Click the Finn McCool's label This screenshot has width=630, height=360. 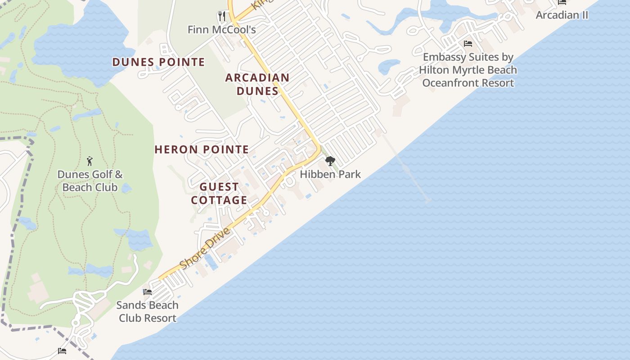coord(221,30)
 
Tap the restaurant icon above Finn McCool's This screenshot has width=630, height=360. coord(221,16)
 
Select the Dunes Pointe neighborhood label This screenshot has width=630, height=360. coord(158,62)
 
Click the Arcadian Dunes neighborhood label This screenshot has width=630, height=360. coord(257,84)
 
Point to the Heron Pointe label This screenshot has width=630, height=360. coord(202,149)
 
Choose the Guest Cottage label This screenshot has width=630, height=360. coord(219,193)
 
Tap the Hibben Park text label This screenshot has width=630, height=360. coord(330,174)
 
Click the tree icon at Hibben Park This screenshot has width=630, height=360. coord(330,161)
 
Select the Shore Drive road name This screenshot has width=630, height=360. coord(205,247)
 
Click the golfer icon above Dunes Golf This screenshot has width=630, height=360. coord(90,161)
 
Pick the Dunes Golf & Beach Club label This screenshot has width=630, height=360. coord(90,181)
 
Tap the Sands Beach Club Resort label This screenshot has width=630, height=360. coord(147,311)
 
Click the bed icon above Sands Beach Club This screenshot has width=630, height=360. coord(147,292)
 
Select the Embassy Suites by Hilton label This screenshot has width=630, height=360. coord(468,70)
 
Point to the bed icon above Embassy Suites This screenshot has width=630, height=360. coord(468,44)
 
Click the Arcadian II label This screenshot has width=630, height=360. coord(562,15)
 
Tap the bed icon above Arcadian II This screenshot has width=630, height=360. coord(562,2)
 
